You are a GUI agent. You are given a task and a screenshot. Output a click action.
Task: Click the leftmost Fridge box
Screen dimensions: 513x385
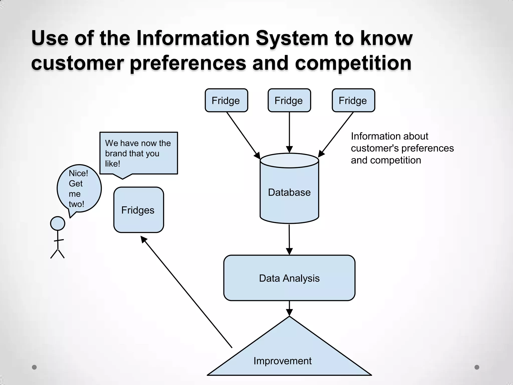(x=226, y=100)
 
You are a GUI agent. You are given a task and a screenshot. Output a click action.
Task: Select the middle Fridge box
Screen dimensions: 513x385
(x=289, y=100)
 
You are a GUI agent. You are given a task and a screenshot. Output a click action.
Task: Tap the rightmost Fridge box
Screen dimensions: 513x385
(x=353, y=100)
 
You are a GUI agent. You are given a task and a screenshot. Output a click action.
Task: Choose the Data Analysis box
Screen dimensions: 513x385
(x=289, y=278)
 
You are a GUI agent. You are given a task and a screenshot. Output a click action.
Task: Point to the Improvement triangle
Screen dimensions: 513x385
(x=289, y=351)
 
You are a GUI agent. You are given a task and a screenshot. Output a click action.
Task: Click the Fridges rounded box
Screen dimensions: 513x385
(x=139, y=210)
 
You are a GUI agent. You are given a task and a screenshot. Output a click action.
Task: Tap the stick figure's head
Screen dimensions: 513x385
(x=58, y=224)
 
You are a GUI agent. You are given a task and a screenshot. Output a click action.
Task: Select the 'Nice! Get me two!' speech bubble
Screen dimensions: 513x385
(x=79, y=188)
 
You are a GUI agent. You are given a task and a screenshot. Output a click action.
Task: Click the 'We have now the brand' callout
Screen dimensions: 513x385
(x=139, y=153)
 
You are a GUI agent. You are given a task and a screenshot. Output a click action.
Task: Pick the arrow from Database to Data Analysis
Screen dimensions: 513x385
(x=289, y=239)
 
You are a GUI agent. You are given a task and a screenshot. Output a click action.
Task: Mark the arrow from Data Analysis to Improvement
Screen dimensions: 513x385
(x=289, y=309)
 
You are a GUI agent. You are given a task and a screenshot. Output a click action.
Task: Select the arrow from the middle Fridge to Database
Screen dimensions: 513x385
(x=289, y=132)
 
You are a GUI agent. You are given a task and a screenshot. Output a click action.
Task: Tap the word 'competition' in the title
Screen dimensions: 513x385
(x=353, y=63)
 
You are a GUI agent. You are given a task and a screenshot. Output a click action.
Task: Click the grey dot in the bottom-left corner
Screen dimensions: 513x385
(x=34, y=367)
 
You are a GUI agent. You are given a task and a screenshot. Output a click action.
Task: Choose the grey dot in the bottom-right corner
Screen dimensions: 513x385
(x=477, y=367)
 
